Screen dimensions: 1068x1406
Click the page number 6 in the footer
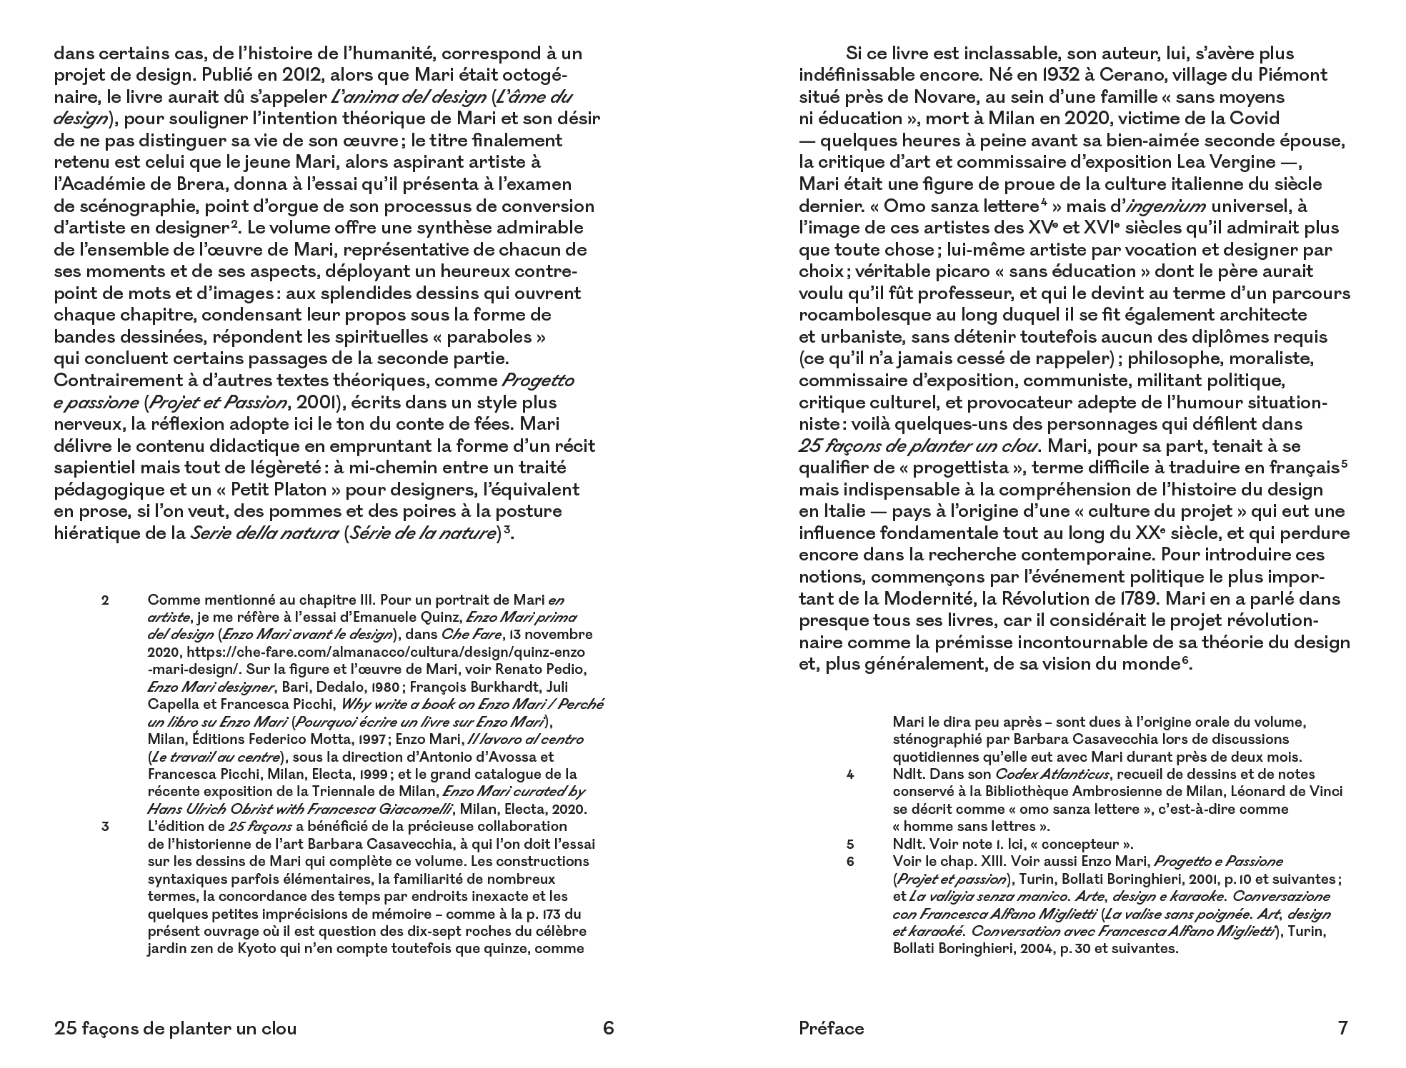[608, 1028]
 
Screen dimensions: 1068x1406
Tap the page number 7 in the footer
[1342, 1028]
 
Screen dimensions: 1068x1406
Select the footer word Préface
[831, 1028]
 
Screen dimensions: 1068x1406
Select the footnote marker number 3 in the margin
[105, 827]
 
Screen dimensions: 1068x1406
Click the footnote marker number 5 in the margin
[850, 844]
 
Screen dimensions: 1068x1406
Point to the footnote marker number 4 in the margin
[850, 775]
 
